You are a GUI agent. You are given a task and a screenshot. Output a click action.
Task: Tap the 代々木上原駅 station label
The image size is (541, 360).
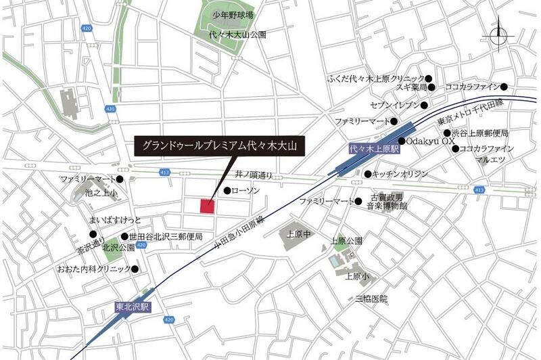coord(375,148)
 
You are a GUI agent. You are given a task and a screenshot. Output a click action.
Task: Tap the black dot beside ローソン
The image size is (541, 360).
coord(228,191)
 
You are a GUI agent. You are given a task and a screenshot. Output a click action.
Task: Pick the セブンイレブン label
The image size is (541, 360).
coord(394,106)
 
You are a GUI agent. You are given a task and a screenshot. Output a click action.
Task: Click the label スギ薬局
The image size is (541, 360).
coord(412,87)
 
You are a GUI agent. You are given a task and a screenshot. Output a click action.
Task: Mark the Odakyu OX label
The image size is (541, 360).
coord(431,141)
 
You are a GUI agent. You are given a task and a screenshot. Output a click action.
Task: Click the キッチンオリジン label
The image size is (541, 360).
coord(400,175)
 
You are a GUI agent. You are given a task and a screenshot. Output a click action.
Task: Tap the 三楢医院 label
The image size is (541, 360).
coord(372,298)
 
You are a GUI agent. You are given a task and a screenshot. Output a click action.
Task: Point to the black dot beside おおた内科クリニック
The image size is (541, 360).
coord(135,269)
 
